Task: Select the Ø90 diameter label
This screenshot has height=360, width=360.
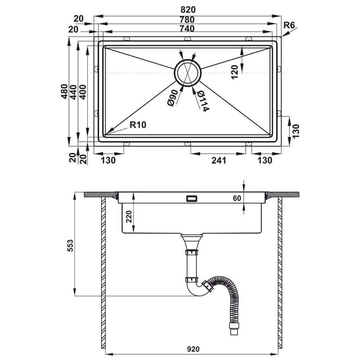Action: pyautogui.click(x=172, y=98)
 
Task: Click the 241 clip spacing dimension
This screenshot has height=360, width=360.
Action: pyautogui.click(x=218, y=161)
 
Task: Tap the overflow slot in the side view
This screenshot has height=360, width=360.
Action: pyautogui.click(x=191, y=199)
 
